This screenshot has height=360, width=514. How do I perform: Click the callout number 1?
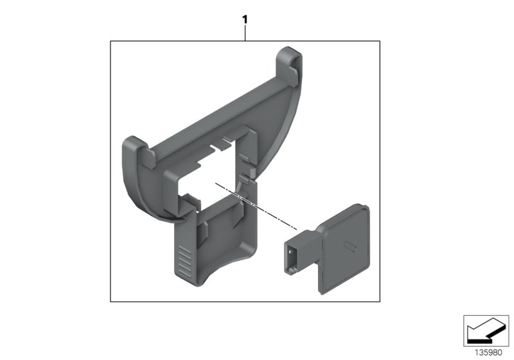pyautogui.click(x=245, y=20)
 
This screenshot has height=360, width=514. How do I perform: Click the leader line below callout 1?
pyautogui.click(x=245, y=33)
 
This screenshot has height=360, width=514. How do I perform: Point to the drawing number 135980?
pyautogui.click(x=488, y=353)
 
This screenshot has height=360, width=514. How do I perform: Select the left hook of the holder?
pyautogui.click(x=138, y=152)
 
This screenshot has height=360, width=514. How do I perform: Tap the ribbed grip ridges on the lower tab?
pyautogui.click(x=185, y=260)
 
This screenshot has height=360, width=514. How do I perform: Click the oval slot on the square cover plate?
pyautogui.click(x=350, y=246)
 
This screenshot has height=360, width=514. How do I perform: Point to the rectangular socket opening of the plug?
pyautogui.click(x=291, y=256)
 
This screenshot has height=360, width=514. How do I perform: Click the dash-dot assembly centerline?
pyautogui.click(x=256, y=206)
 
